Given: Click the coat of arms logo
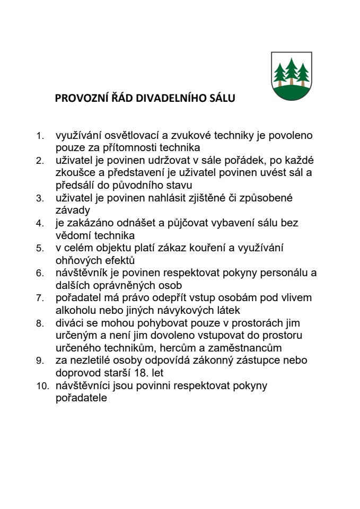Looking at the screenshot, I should point(291,75).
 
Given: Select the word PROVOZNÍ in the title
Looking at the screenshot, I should point(78,99).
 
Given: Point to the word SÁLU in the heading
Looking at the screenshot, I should point(223,99).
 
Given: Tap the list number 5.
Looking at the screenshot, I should point(39,248).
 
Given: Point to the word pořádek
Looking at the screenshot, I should point(233,160).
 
